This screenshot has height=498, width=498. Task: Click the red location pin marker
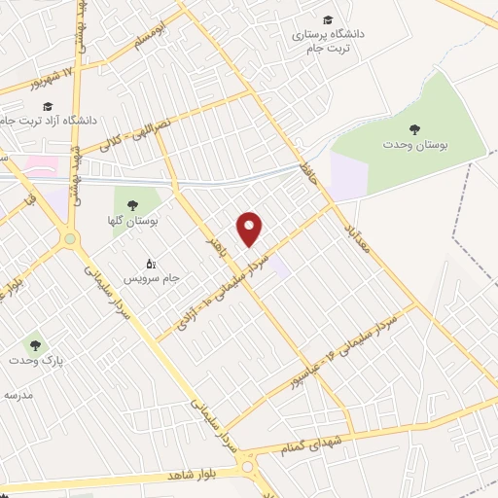tap(251, 229)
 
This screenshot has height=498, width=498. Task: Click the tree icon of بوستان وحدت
tap(415, 127)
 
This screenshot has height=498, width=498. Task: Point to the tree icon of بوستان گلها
tap(132, 205)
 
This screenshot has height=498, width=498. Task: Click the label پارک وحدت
tap(36, 360)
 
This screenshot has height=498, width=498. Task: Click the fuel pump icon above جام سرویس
tap(151, 264)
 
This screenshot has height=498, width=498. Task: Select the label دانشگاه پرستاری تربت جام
tap(328, 40)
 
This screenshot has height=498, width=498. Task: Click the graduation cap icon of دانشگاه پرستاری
tap(328, 19)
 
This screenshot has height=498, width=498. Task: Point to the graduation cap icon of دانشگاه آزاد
tap(48, 106)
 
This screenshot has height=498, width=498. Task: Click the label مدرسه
tap(18, 395)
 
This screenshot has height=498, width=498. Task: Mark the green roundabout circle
tap(70, 238)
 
